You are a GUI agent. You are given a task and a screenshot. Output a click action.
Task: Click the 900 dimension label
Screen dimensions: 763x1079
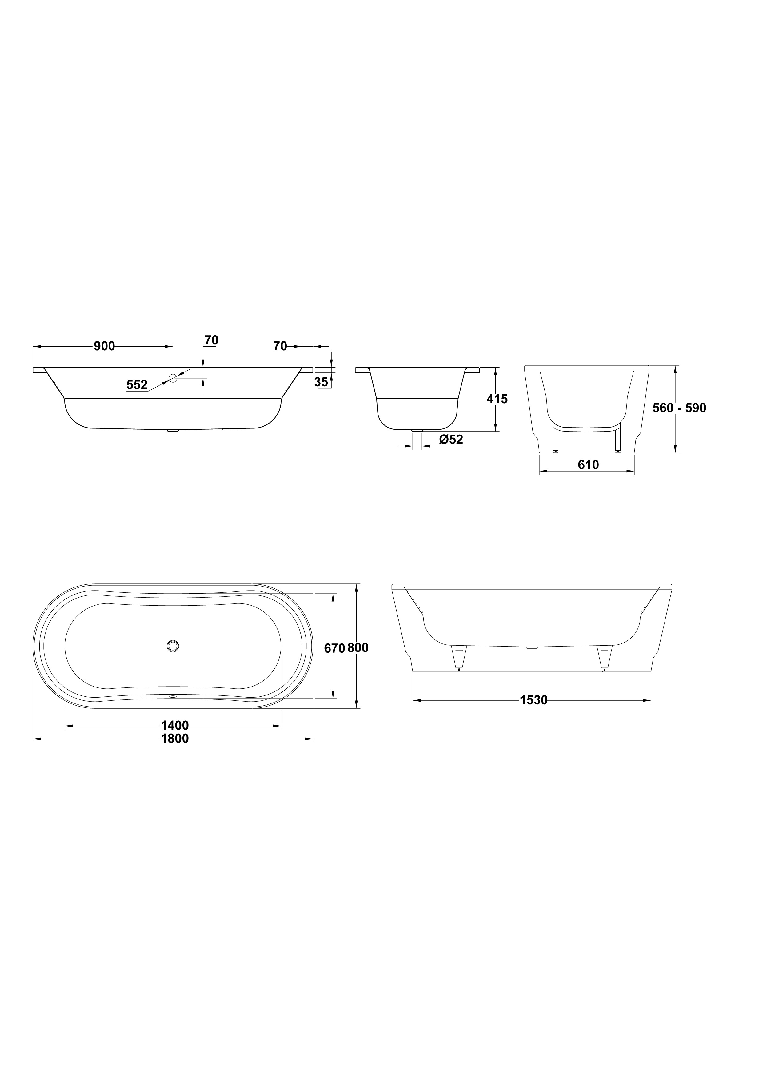click(x=104, y=346)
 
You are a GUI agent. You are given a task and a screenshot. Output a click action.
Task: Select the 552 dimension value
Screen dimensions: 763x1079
click(x=137, y=385)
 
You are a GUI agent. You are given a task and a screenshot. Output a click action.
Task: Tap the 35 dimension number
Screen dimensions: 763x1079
click(x=321, y=382)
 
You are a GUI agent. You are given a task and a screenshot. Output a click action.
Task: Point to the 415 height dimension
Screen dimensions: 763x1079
click(x=497, y=399)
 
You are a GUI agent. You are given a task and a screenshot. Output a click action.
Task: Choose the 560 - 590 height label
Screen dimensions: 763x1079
click(x=679, y=408)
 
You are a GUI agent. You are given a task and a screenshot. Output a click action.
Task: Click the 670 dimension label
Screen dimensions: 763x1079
click(x=335, y=648)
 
